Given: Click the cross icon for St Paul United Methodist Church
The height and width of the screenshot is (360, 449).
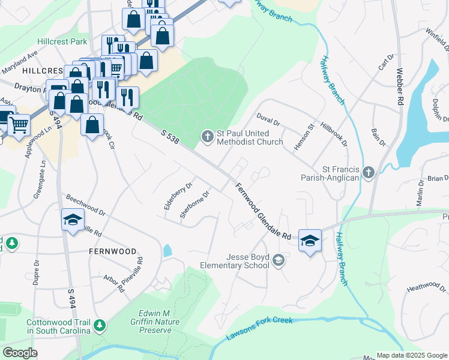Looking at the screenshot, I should point(207,137).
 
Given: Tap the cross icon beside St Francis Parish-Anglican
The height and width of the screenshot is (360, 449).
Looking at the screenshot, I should point(369,173).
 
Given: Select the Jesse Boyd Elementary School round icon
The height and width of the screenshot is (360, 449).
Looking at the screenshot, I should point(278,260).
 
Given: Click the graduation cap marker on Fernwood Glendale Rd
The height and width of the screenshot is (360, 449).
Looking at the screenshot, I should point(309,241).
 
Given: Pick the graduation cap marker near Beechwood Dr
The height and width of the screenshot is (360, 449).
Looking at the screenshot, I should point(73,220).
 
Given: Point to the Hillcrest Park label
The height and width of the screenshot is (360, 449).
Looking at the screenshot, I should point(62,41).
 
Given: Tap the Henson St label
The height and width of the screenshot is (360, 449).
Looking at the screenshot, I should point(303,137).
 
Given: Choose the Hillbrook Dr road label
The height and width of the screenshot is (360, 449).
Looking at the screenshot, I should point(334,135).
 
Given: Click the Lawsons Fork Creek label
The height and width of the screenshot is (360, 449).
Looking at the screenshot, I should point(259,328).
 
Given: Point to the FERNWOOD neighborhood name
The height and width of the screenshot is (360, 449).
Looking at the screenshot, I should point(112,251).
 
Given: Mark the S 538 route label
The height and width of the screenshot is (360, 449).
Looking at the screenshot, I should point(170,136).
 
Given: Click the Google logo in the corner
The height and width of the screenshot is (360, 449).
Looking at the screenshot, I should point(20,353).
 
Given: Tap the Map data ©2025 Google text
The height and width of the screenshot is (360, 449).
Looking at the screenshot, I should point(411,355).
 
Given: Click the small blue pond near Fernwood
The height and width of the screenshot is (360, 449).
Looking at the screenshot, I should point(167,250).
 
